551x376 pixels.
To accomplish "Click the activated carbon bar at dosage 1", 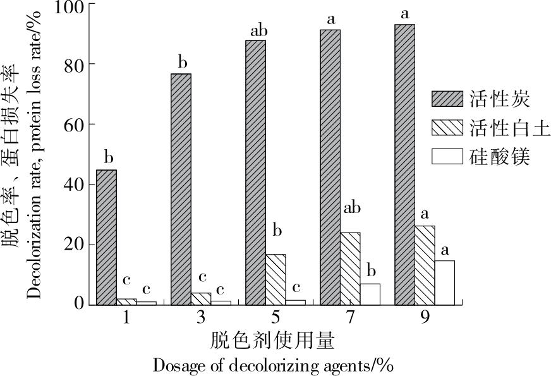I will tap(106, 238).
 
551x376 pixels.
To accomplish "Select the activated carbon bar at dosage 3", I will tap(181, 190).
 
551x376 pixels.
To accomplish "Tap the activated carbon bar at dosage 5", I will tap(255, 173).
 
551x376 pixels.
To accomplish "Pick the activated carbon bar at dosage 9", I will tap(404, 164).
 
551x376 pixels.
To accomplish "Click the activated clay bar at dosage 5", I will tap(275, 279).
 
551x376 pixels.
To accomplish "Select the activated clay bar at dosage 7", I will tap(350, 269).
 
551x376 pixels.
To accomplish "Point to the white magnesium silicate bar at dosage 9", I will tap(444, 282).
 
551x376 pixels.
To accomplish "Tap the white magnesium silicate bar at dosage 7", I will tap(370, 294).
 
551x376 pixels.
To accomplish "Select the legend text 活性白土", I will tap(511, 128).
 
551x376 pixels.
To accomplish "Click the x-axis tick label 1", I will tap(126, 317).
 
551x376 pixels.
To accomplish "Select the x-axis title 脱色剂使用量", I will tap(273, 341).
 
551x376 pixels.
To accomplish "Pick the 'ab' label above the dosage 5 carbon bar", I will tap(260, 29).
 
